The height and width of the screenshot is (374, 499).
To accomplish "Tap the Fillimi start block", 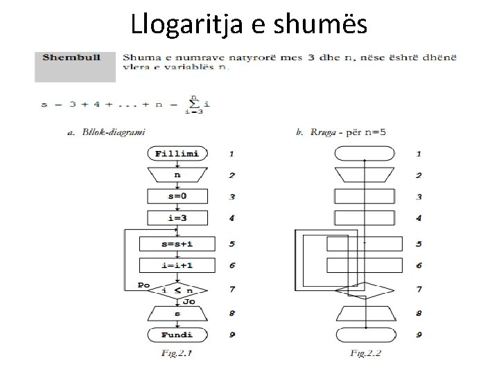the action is [177, 153].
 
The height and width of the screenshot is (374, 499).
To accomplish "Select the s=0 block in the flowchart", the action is [177, 197].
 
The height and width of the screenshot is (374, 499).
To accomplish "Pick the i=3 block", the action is [177, 218].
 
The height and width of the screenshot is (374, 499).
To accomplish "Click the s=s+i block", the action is [177, 244].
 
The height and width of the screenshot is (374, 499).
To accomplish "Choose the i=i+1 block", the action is [177, 265].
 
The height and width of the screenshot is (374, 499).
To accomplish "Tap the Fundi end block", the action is [177, 335].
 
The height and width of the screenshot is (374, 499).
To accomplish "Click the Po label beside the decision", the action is [143, 284].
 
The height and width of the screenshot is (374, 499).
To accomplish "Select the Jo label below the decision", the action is [189, 302].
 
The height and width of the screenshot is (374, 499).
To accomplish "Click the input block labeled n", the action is [177, 175].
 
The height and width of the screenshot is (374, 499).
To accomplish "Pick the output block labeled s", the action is [177, 314].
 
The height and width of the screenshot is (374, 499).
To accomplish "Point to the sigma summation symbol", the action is [195, 104].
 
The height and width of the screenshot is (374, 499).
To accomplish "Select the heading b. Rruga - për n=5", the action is [340, 131].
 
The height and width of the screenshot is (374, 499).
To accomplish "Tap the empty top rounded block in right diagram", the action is [365, 153].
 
